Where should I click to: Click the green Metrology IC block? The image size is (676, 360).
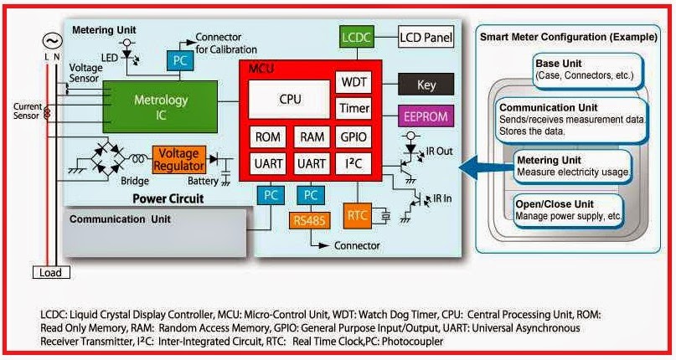161,106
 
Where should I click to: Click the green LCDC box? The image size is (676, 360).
355,38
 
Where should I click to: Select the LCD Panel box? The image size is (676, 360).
425,38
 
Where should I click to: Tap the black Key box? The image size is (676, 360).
426,84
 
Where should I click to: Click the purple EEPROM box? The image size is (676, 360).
426,116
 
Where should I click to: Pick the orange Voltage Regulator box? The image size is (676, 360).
178,157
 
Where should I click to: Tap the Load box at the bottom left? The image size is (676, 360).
49,272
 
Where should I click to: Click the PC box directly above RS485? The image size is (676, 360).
312,195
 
